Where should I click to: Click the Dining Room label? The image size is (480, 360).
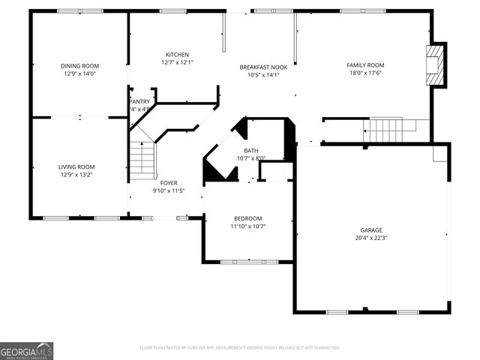click(79, 66)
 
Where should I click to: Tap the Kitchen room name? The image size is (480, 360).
click(177, 55)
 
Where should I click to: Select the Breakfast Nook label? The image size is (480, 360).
click(259, 67)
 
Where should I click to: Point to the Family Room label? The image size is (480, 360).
click(365, 65)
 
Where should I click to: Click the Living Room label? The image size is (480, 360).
click(77, 166)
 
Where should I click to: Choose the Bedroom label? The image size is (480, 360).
click(247, 217)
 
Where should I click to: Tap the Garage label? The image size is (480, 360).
click(371, 230)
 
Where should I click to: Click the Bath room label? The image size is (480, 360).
click(250, 151)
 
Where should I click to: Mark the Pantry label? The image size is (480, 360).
click(141, 101)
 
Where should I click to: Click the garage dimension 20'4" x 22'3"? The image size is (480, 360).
click(371, 238)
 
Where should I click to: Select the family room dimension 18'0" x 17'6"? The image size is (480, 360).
click(365, 73)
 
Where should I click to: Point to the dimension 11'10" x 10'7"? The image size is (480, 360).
click(247, 226)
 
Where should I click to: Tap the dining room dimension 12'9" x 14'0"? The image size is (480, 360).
click(79, 74)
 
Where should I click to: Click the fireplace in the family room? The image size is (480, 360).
click(436, 65)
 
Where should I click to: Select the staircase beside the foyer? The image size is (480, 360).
click(143, 159)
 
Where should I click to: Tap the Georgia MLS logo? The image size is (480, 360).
click(27, 350)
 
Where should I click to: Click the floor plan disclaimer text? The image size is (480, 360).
click(240, 348)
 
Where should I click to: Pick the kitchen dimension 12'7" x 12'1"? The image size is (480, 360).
click(177, 63)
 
